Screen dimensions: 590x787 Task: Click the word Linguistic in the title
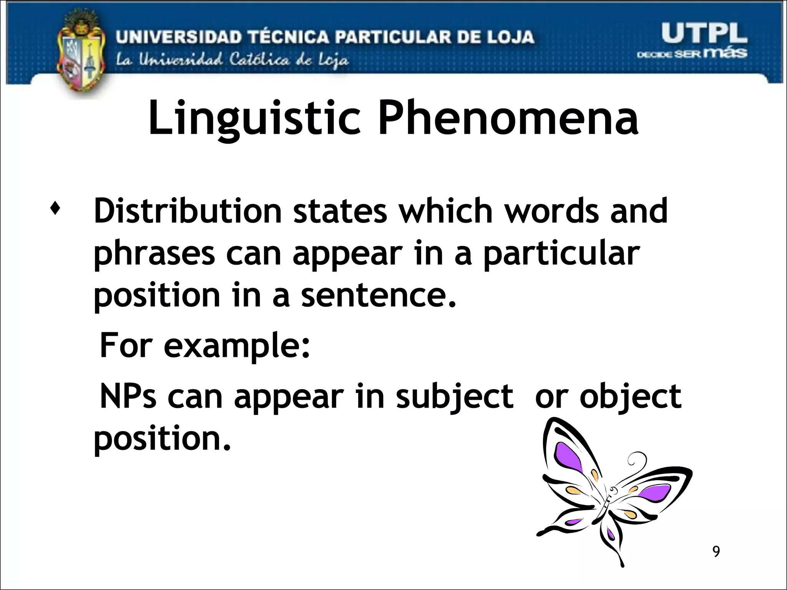point(254,119)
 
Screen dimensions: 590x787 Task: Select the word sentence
point(378,296)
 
